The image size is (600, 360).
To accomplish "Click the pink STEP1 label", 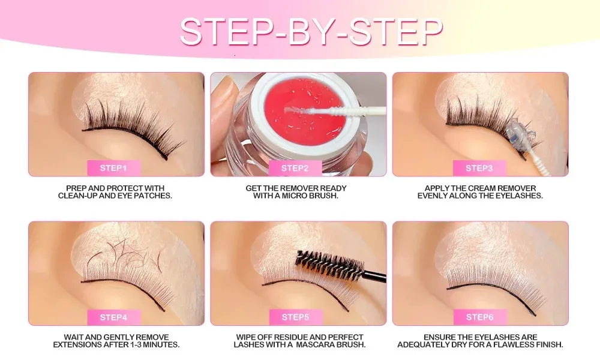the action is pos(113,168).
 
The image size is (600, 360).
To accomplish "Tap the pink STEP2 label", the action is pos(295,168).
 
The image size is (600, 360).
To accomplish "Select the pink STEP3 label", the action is pos(479,168).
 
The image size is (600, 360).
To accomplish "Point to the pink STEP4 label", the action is pos(113,317).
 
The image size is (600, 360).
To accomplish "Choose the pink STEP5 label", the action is pos(295,317).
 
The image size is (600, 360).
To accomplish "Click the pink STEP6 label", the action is pos(480,317).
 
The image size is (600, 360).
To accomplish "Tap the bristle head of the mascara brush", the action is pos(329,266).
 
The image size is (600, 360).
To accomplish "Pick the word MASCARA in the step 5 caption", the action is pos(315,344).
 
